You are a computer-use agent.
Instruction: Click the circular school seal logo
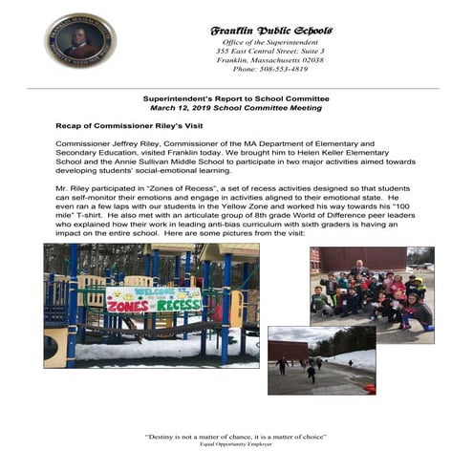pyautogui.click(x=79, y=39)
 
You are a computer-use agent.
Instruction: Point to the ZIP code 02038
pyautogui.click(x=311, y=59)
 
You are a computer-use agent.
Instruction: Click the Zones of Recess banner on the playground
pyautogui.click(x=153, y=299)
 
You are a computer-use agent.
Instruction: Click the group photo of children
pyautogui.click(x=372, y=295)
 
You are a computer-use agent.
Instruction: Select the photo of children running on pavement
pyautogui.click(x=321, y=360)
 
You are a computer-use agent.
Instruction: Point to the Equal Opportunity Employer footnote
pyautogui.click(x=236, y=445)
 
